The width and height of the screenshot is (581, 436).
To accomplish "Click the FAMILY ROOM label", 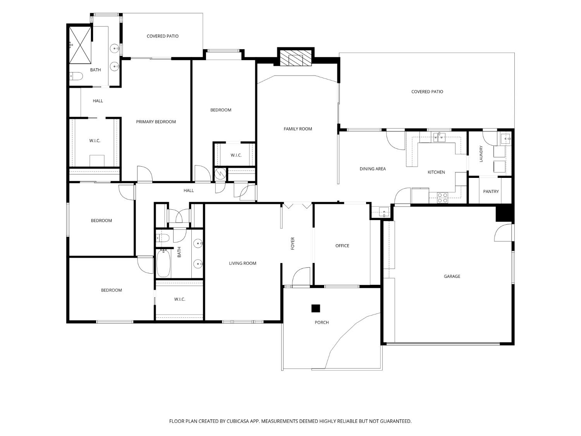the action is [298, 129].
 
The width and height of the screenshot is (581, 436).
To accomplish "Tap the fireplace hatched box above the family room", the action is [296, 58].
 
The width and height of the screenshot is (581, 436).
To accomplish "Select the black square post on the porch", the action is [316, 308].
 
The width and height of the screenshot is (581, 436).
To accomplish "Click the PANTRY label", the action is [491, 191].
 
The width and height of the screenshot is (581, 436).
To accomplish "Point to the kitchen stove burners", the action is [442, 198].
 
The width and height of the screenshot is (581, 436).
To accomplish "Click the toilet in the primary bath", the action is [76, 76].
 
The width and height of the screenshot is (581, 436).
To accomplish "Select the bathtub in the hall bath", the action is [163, 263].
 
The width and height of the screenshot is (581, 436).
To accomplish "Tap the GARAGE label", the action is [452, 276].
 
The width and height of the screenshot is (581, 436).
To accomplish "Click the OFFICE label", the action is [342, 246].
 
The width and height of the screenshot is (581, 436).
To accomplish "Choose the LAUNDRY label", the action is [481, 154].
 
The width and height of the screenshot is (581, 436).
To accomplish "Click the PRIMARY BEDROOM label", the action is [156, 122].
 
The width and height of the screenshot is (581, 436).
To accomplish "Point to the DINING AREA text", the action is [373, 169].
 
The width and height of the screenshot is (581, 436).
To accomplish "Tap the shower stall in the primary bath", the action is [80, 45].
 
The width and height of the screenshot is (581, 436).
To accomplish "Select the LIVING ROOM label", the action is [242, 264].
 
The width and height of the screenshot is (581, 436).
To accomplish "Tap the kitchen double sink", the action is [439, 138].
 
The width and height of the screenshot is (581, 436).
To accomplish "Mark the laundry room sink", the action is [505, 139].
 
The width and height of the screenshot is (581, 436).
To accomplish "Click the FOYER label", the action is [292, 243].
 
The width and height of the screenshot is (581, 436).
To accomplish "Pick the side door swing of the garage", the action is [503, 233].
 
